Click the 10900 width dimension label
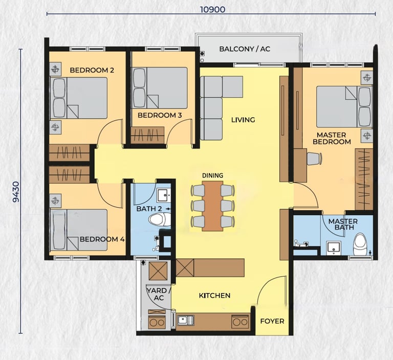pyautogui.click(x=212, y=10)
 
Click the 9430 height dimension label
pyautogui.click(x=16, y=192)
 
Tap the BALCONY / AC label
pyautogui.click(x=245, y=49)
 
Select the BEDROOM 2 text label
pyautogui.click(x=92, y=70)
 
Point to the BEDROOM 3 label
pyautogui.click(x=160, y=115)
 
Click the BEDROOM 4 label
pyautogui.click(x=102, y=239)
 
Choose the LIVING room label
pyautogui.click(x=243, y=120)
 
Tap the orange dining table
pyautogui.click(x=212, y=206)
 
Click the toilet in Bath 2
pyautogui.click(x=160, y=220)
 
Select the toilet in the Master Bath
pyautogui.click(x=360, y=244)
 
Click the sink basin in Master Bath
pyautogui.click(x=333, y=248)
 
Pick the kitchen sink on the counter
pyautogui.click(x=185, y=320)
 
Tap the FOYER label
pyautogui.click(x=272, y=321)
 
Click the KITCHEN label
pyautogui.click(x=214, y=296)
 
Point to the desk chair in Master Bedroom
pyautogui.click(x=314, y=159)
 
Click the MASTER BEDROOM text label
pyautogui.click(x=332, y=138)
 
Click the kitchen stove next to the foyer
pyautogui.click(x=240, y=322)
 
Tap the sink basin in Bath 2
pyautogui.click(x=164, y=196)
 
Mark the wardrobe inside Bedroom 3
pyautogui.click(x=147, y=136)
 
